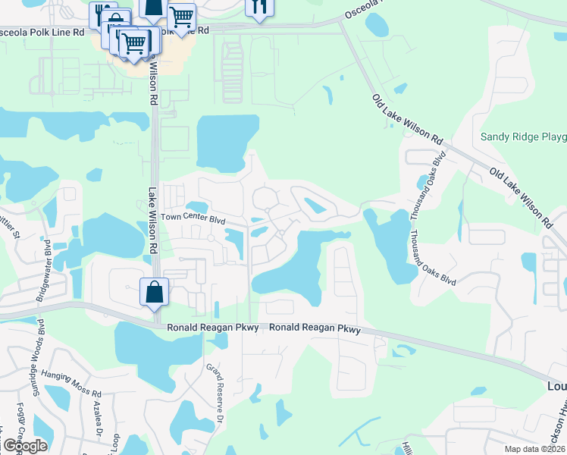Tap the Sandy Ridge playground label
pos(523,138)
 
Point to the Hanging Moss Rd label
pos(72,394)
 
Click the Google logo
pos(24,445)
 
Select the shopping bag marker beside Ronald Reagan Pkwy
pos(154,292)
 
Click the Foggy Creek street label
pos(19,425)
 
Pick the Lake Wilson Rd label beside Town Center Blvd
pos(152,221)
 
